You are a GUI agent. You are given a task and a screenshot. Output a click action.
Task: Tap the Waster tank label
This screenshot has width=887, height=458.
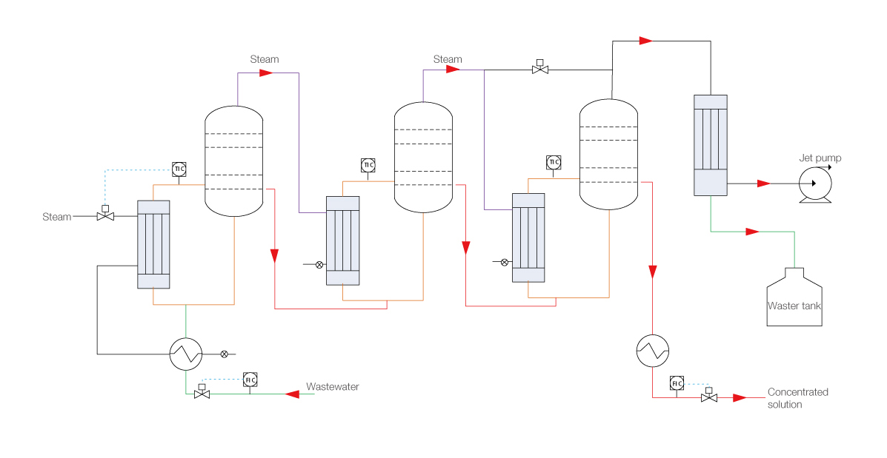click(794, 306)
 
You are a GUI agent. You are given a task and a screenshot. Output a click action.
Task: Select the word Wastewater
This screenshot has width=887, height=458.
click(333, 387)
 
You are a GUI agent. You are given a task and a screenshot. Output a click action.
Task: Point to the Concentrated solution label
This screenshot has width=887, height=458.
click(797, 398)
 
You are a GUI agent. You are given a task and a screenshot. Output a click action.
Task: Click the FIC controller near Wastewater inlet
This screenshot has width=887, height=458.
click(250, 380)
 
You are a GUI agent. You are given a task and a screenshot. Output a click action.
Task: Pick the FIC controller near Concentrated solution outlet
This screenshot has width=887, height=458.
click(677, 383)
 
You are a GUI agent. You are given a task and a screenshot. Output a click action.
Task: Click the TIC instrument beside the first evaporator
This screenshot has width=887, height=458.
click(179, 169)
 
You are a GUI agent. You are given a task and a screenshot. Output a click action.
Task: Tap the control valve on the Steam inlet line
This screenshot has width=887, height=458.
click(105, 217)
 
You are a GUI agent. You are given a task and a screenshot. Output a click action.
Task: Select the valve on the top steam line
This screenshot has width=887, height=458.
click(540, 70)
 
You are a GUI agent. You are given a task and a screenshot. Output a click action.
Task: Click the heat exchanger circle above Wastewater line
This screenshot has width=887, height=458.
click(185, 354)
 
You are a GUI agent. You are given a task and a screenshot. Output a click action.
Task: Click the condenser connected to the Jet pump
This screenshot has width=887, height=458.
click(710, 145)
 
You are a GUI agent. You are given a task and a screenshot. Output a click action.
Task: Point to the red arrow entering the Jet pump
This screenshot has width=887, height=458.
click(764, 183)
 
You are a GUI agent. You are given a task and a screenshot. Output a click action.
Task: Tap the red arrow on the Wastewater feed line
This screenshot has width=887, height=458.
click(292, 394)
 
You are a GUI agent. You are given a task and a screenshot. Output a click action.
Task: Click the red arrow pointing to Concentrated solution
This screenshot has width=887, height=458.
click(739, 398)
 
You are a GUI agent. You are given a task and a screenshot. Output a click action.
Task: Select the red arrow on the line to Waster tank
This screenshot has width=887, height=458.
click(752, 232)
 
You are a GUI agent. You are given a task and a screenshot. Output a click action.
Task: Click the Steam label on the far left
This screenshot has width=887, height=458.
click(57, 217)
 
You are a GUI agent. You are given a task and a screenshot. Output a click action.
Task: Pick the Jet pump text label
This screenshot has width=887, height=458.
click(820, 158)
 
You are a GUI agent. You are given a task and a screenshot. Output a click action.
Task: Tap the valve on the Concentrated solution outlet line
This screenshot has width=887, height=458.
click(708, 398)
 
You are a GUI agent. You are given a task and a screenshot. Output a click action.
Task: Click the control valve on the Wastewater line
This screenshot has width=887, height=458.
click(202, 394)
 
